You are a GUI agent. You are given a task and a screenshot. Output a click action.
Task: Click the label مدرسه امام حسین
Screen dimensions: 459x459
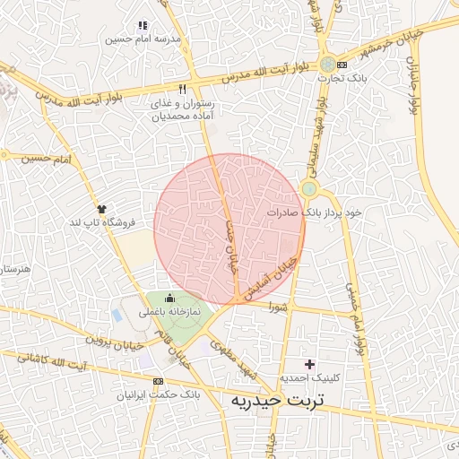[x=143, y=39]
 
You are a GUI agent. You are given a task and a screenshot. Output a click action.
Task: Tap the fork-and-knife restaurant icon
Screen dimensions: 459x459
[x=183, y=89]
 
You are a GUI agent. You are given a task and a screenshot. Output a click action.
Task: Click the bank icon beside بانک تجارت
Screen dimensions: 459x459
[x=329, y=64]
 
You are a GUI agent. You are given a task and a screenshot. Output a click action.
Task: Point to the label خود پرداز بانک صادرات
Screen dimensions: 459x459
[x=315, y=213]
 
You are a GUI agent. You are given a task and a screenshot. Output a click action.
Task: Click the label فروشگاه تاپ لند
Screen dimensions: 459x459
[x=105, y=221]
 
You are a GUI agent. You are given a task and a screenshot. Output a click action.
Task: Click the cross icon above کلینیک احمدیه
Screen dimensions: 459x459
[x=310, y=364]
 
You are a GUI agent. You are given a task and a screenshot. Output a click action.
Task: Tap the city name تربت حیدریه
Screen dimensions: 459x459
[x=277, y=401]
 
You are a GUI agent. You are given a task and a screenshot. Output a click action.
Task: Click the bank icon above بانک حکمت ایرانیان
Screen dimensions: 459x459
[x=159, y=380]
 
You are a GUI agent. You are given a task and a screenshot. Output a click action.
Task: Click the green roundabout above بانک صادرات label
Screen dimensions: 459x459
[x=309, y=188]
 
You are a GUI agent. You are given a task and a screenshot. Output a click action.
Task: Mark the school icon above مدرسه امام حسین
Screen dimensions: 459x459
[x=142, y=26]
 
